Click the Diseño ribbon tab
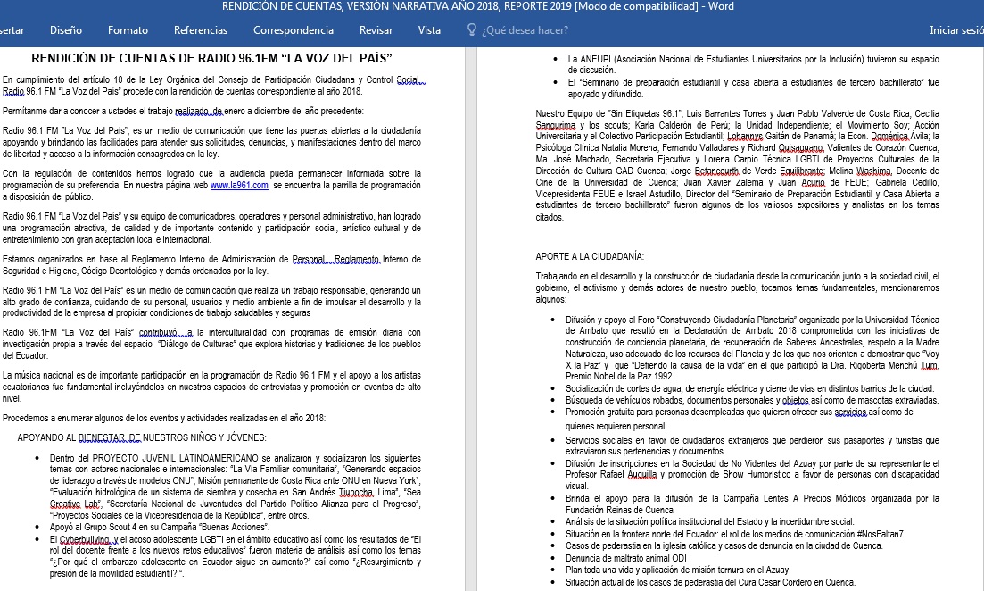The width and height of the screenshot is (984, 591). pos(66,30)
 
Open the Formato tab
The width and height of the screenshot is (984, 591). pos(128,30)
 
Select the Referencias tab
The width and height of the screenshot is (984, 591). pos(201,30)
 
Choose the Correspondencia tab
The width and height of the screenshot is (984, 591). pos(294,30)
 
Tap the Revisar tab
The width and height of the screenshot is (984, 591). pos(376,30)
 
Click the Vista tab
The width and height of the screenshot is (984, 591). pos(429,30)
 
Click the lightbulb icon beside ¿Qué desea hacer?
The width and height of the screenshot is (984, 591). pos(472,30)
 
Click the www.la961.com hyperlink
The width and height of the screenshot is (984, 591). pos(239,185)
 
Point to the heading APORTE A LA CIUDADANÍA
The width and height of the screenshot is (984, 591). pos(590,257)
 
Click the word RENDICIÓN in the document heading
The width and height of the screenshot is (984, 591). pos(72,59)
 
